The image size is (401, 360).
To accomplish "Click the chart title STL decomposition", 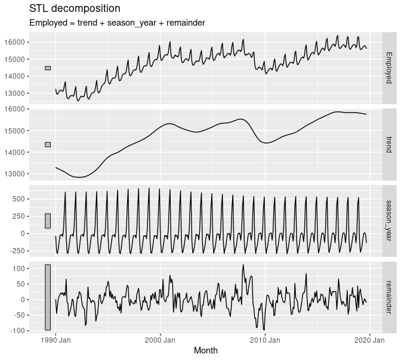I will click(x=75, y=9).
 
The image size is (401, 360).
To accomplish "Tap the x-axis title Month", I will click(x=205, y=350).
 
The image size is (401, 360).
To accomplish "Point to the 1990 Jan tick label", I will click(x=56, y=340).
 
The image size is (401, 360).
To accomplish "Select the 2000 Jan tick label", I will click(x=161, y=340).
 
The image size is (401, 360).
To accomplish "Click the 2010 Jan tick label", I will click(x=265, y=340).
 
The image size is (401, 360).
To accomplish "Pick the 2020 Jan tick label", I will click(x=369, y=340).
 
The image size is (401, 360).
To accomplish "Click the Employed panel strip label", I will click(x=388, y=67).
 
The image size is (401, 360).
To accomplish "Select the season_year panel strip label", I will click(x=388, y=220).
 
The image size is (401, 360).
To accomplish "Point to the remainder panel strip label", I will click(x=388, y=296).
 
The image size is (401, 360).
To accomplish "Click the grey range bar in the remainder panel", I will click(x=48, y=297).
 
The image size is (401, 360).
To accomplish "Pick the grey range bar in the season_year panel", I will click(x=48, y=221).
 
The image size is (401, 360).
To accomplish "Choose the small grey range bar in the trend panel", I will click(x=48, y=144).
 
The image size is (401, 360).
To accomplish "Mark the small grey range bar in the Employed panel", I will click(x=48, y=68).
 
